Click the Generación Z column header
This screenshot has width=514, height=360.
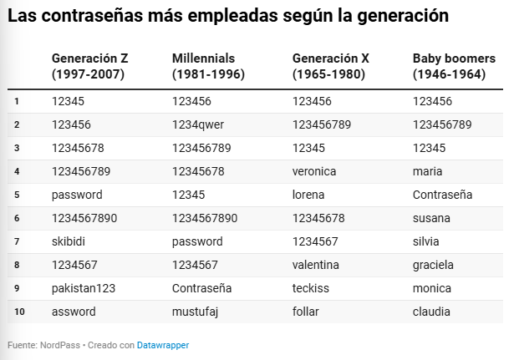pos(89,66)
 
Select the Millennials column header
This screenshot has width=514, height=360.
pos(208,66)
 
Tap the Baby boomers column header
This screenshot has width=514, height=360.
pos(454,66)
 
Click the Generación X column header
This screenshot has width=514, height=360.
pos(331,66)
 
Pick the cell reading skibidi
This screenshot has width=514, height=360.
pos(69,241)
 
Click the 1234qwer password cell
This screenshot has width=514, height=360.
pos(198,124)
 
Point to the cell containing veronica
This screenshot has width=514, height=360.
pos(314,171)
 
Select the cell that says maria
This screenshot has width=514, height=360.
pos(427,171)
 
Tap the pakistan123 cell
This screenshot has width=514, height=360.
pos(84,288)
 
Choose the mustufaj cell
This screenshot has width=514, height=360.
pos(195,312)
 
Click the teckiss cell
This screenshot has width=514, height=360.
pos(310,288)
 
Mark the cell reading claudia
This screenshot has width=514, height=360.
pos(431,312)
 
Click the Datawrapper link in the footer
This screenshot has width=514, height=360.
pos(163,345)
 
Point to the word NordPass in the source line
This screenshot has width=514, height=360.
pos(60,345)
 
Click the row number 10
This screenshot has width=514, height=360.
pos(19,312)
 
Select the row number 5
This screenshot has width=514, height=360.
pos(17,195)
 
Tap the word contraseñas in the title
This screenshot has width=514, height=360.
pos(92,16)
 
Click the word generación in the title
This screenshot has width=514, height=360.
pos(403,17)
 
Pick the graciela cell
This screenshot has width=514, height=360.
pos(433,265)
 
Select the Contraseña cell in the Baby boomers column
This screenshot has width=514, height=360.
pos(442,195)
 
